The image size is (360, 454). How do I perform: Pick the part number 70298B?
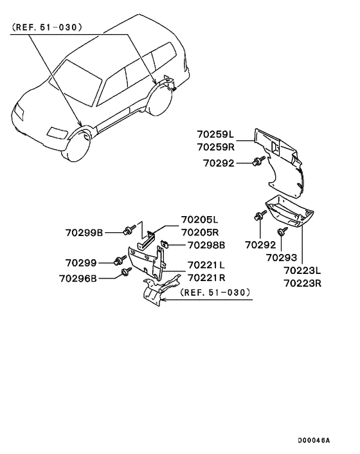click(206, 245)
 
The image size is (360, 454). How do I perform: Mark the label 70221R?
click(206, 277)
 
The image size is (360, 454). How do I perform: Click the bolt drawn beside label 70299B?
click(128, 230)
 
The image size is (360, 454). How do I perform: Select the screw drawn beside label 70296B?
click(125, 274)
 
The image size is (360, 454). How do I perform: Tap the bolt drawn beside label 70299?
click(120, 260)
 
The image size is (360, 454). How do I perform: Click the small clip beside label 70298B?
click(165, 244)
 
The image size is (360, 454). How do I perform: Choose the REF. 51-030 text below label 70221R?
click(214, 292)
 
